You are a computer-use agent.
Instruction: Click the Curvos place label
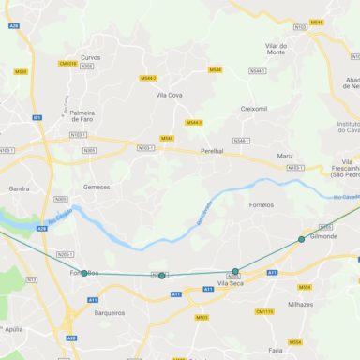point(91,57)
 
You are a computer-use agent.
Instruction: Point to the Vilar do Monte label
point(276,49)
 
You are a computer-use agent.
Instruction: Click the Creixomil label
point(254,109)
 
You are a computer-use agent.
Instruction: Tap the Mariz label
point(285,155)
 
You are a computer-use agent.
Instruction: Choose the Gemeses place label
point(97,187)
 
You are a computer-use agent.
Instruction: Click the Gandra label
point(19,188)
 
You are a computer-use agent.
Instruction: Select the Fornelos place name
point(262,204)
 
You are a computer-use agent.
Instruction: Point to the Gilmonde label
point(322,236)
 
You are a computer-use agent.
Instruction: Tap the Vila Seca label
point(230,283)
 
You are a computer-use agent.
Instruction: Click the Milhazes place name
point(301,305)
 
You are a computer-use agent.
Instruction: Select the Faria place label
point(275,349)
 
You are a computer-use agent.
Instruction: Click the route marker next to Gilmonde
point(301,239)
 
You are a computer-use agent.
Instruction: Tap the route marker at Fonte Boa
point(84,273)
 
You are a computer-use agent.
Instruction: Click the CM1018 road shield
point(67,64)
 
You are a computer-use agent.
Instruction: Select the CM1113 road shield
point(264,311)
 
